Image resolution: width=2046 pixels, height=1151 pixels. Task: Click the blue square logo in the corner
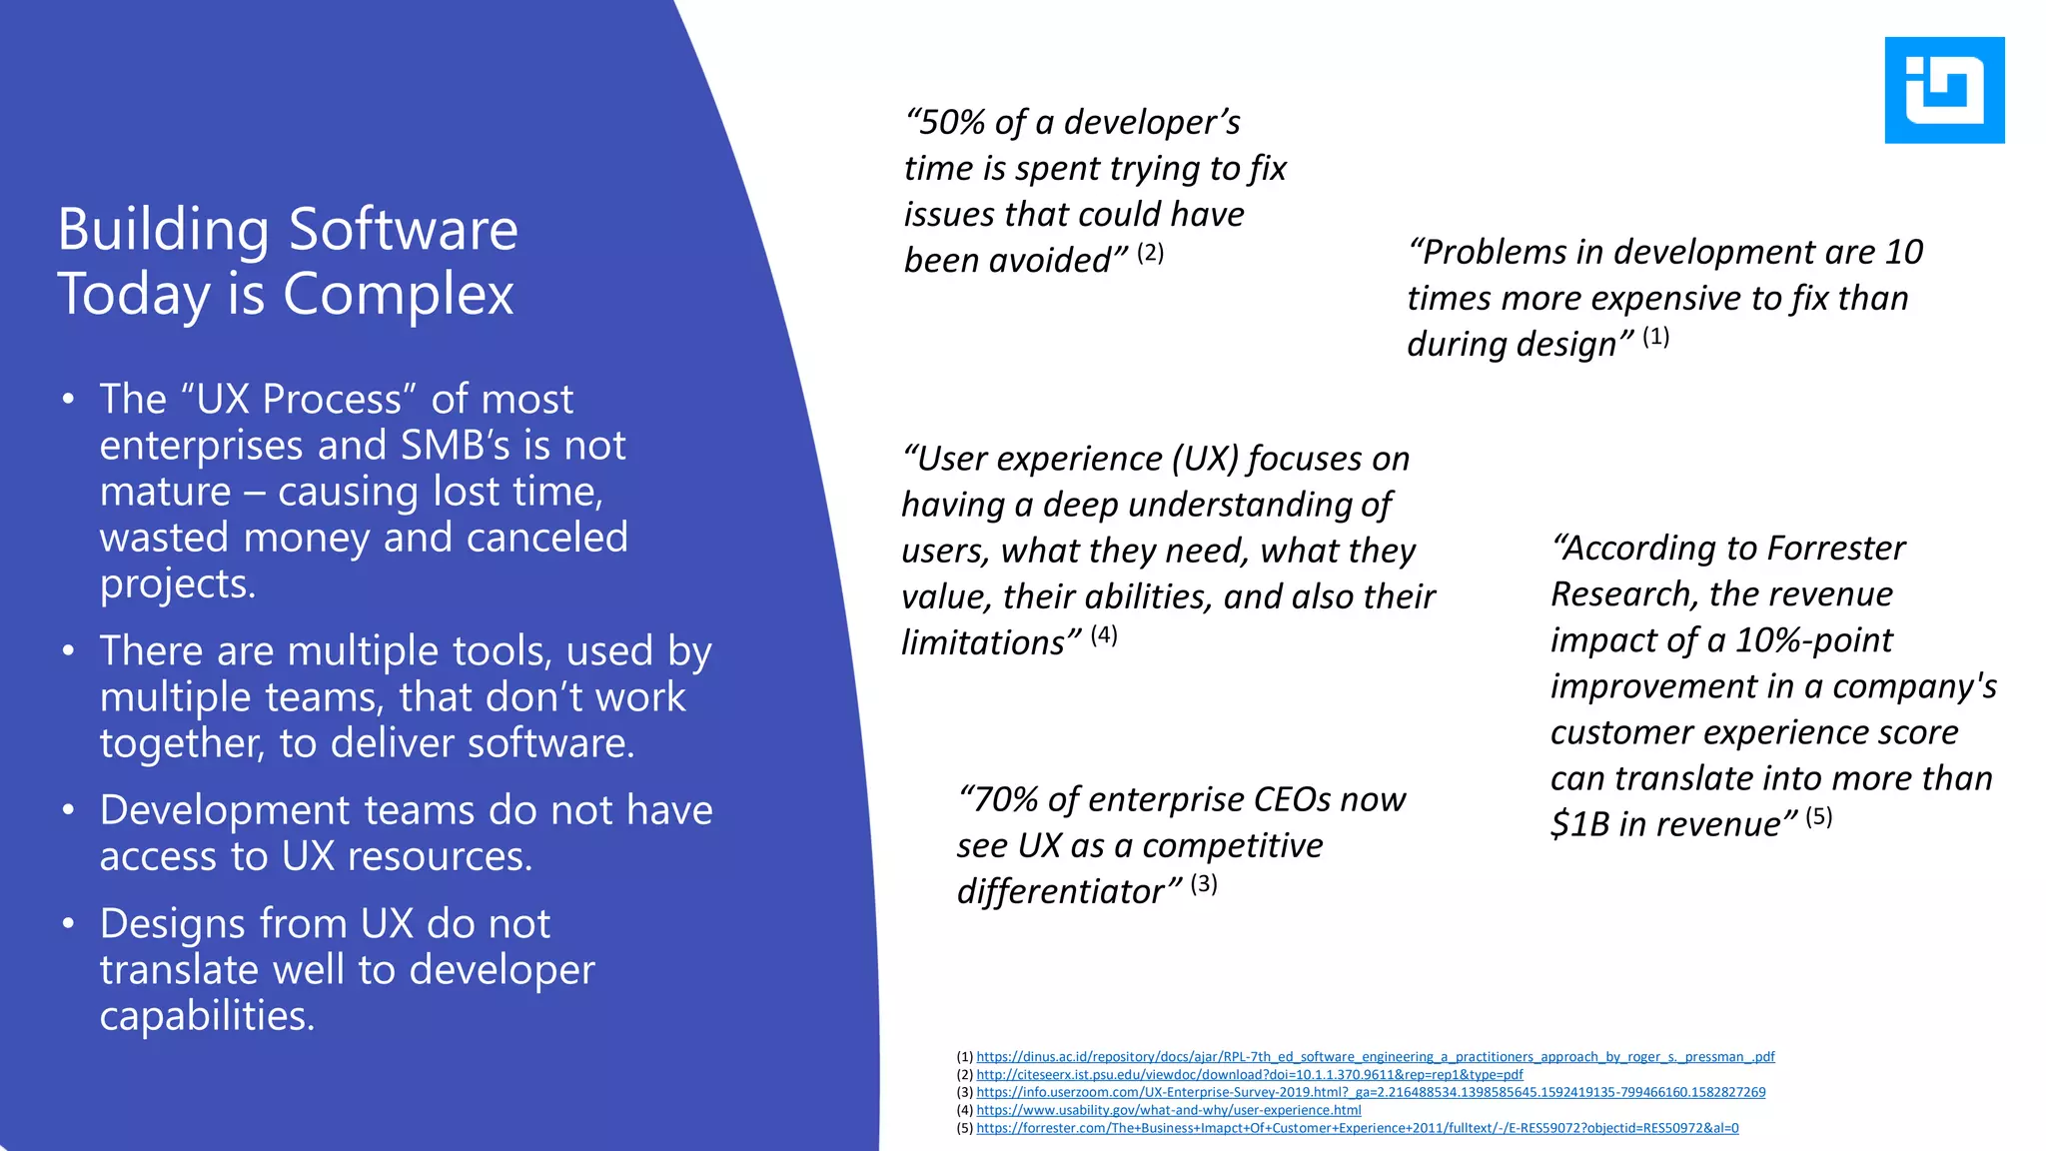point(1944,90)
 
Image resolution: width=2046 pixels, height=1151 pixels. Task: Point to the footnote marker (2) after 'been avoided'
point(1150,253)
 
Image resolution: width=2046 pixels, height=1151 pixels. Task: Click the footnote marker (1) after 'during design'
point(1655,337)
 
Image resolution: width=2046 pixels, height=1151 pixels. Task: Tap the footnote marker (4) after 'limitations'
point(1103,635)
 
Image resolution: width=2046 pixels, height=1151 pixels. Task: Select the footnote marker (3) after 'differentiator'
point(1203,884)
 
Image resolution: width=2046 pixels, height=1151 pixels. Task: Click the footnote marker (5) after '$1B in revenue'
point(1818,817)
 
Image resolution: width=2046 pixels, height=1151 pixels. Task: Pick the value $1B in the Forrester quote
point(1579,824)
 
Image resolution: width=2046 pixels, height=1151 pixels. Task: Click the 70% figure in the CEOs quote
point(1005,800)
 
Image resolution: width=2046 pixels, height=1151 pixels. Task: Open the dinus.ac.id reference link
point(1375,1057)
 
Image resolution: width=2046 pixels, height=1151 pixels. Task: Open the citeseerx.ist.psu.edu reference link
point(1249,1075)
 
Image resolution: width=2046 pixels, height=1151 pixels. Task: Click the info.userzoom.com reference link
point(1371,1093)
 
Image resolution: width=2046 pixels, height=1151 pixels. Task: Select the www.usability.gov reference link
point(1168,1110)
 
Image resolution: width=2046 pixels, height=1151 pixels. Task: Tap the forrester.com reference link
point(1357,1128)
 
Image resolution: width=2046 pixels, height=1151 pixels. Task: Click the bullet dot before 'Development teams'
point(68,810)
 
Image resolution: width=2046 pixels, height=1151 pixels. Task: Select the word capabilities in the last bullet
point(207,1016)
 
